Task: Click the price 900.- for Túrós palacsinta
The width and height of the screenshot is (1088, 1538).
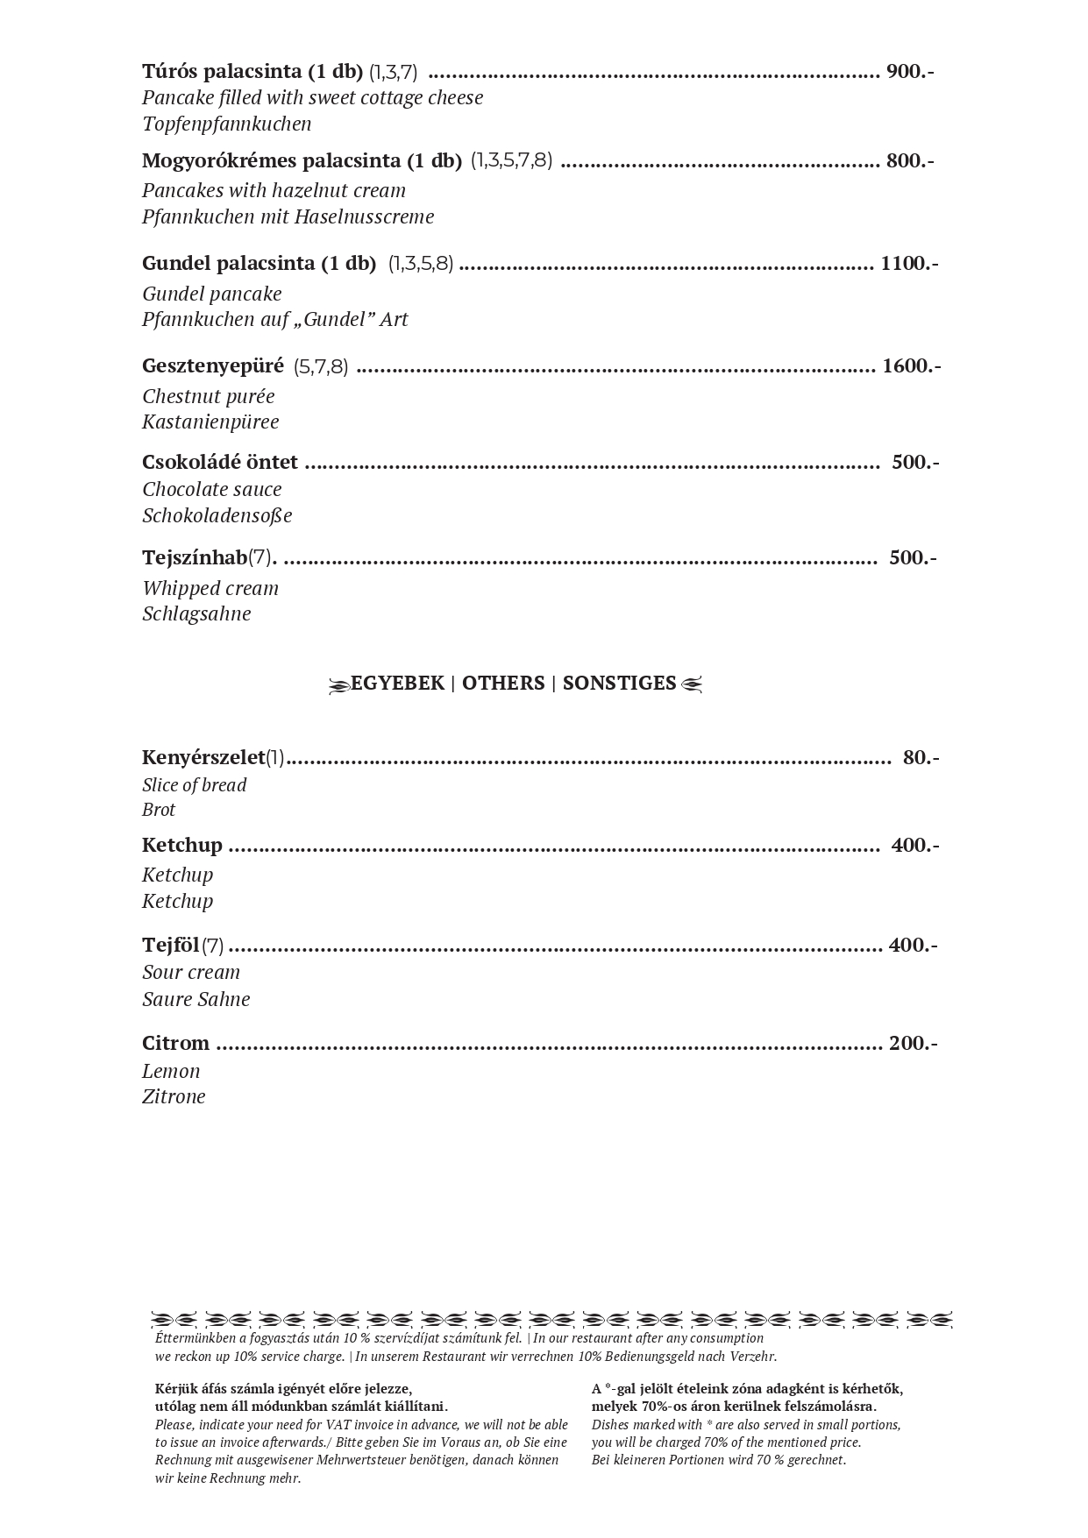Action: [909, 71]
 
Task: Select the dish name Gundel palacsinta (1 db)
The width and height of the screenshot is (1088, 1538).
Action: [259, 263]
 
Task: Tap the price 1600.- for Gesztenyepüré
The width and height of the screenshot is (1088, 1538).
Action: [911, 365]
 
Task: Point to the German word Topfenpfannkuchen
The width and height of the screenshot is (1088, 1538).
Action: [227, 124]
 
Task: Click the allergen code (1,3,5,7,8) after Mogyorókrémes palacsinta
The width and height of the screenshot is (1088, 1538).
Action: [511, 160]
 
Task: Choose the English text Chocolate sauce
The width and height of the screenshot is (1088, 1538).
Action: [212, 489]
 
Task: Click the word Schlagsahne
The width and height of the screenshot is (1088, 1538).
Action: [196, 613]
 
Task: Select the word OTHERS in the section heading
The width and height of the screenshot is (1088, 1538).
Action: [503, 683]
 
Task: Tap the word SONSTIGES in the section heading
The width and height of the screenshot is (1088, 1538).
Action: [619, 683]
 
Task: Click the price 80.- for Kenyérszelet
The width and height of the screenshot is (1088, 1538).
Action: [920, 757]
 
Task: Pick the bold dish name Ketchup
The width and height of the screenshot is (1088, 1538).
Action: [182, 845]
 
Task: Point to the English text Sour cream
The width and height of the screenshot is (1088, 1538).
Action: [191, 972]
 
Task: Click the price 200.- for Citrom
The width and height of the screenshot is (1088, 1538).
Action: [913, 1043]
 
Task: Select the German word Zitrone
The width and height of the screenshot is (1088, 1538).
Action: [174, 1096]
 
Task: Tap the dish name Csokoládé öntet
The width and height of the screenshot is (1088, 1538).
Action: [220, 462]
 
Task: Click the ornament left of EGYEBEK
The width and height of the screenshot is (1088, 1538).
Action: [338, 684]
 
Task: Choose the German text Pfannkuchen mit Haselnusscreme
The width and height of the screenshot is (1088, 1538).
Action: [288, 216]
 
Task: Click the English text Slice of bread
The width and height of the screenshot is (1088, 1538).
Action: [194, 784]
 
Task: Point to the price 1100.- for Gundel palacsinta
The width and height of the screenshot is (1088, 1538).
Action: [909, 263]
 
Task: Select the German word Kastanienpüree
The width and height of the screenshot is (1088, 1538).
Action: [210, 422]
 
